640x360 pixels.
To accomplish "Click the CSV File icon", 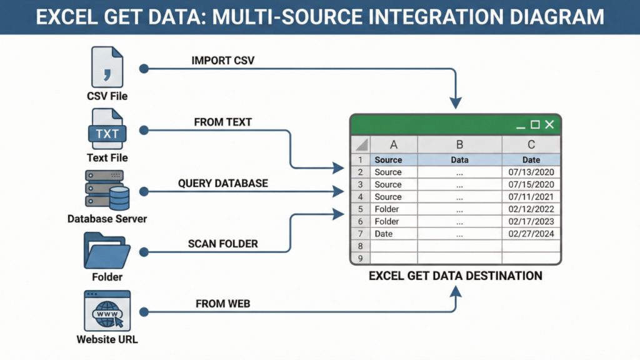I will (x=107, y=67).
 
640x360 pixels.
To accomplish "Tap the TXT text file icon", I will (x=107, y=130).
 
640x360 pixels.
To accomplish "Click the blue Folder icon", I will (x=107, y=251).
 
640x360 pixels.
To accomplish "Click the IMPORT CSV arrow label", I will (x=222, y=61).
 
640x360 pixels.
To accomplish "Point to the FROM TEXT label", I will (x=222, y=122).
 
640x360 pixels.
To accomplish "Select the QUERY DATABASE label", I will (x=222, y=183).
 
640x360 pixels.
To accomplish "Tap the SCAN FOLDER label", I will (x=222, y=244).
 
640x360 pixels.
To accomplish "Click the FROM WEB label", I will (x=222, y=304).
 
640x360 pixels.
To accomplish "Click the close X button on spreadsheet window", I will (x=549, y=125).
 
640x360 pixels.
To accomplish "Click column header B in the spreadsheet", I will (x=459, y=145).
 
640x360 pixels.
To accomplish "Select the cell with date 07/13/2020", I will (x=531, y=172).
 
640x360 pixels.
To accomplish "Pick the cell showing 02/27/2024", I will (x=531, y=234).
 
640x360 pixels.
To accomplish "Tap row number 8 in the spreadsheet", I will (x=360, y=246).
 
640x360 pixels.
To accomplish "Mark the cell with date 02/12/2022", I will (x=531, y=209).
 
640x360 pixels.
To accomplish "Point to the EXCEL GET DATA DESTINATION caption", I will (x=456, y=276).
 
